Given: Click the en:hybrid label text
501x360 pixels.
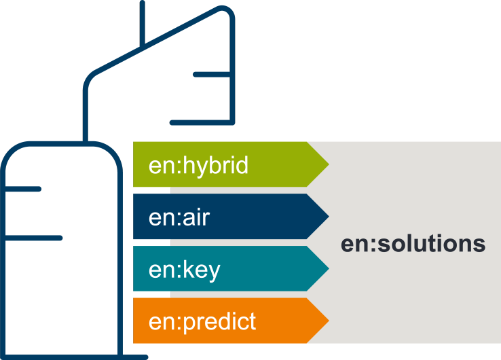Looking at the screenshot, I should click(x=198, y=165).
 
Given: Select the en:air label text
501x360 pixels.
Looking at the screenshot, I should click(x=179, y=217).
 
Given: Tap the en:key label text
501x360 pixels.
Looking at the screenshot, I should click(x=184, y=270).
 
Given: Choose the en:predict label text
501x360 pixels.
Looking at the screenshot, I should click(x=202, y=321).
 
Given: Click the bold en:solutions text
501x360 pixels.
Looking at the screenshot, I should click(x=413, y=243).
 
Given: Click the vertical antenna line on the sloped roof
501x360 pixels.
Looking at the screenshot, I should click(x=143, y=24).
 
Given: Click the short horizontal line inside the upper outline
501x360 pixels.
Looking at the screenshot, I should click(x=212, y=74).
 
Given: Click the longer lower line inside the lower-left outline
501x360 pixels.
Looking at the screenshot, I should click(x=33, y=238).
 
